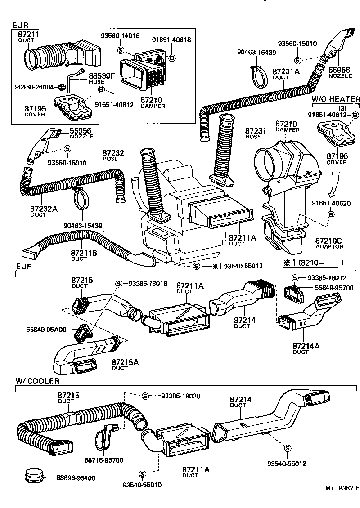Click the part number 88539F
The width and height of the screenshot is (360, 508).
102,76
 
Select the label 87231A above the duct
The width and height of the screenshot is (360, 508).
286,71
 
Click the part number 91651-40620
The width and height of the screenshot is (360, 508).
331,203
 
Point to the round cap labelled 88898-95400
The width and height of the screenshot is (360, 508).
34,475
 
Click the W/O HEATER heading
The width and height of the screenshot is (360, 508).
336,99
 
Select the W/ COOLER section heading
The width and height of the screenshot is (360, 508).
38,381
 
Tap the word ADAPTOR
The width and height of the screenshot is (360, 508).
329,246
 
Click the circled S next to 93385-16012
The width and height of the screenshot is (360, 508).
295,278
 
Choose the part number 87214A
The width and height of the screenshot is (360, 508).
306,346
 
